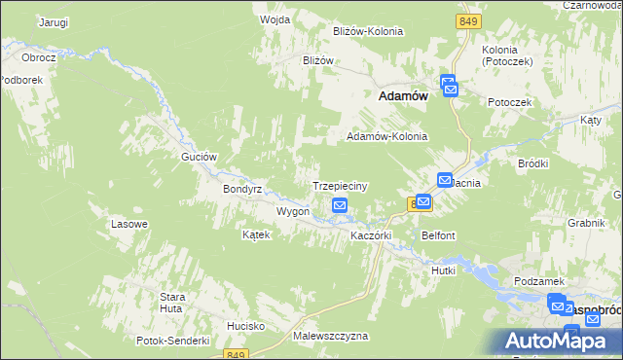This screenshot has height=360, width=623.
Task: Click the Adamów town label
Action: click(403, 96)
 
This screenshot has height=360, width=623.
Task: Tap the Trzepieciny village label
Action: click(339, 185)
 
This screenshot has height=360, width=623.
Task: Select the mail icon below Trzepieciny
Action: click(340, 205)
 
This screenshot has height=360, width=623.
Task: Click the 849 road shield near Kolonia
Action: click(469, 20)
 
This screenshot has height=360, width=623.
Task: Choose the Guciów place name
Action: click(198, 157)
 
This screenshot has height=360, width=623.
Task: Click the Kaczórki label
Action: click(370, 235)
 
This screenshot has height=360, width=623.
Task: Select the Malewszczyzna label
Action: click(330, 336)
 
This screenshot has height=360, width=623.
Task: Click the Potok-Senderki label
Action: click(174, 341)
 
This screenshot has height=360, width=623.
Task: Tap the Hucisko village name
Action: click(246, 325)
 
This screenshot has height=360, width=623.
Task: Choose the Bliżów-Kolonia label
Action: click(368, 31)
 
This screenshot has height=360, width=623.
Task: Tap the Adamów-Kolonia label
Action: click(387, 137)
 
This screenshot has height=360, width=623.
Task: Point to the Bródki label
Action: click(533, 163)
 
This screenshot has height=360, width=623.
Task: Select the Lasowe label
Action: click(129, 224)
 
